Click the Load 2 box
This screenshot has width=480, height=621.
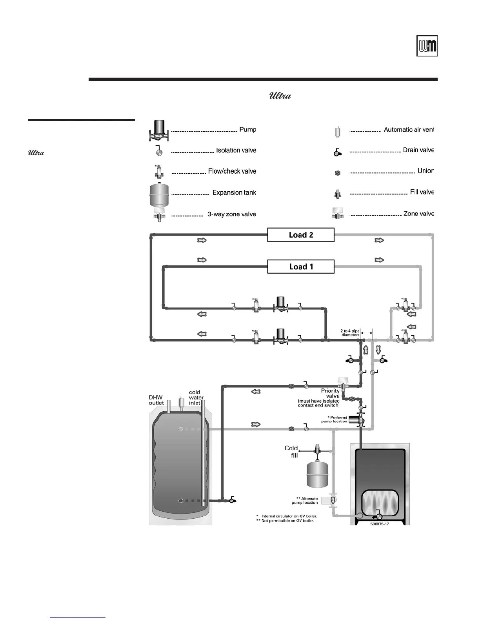(x=301, y=235)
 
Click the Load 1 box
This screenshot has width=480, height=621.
(x=301, y=267)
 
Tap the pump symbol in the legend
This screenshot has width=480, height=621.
(x=159, y=131)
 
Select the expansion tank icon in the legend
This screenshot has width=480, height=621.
(x=159, y=194)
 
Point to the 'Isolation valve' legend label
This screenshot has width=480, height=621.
(x=236, y=151)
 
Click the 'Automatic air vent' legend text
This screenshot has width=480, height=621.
(x=409, y=130)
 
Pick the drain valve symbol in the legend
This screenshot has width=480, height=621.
(x=337, y=153)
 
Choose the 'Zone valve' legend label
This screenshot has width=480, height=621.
(x=419, y=214)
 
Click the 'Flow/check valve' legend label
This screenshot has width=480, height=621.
(x=232, y=171)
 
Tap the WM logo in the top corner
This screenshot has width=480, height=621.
(x=427, y=46)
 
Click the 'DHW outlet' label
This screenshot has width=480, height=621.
(x=156, y=400)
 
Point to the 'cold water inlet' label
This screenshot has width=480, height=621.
(x=196, y=397)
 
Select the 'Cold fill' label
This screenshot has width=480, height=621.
(x=291, y=451)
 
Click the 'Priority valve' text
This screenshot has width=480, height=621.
(x=330, y=393)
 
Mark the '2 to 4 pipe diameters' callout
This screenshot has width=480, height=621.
(x=350, y=333)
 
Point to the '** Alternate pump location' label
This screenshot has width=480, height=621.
(x=305, y=501)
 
